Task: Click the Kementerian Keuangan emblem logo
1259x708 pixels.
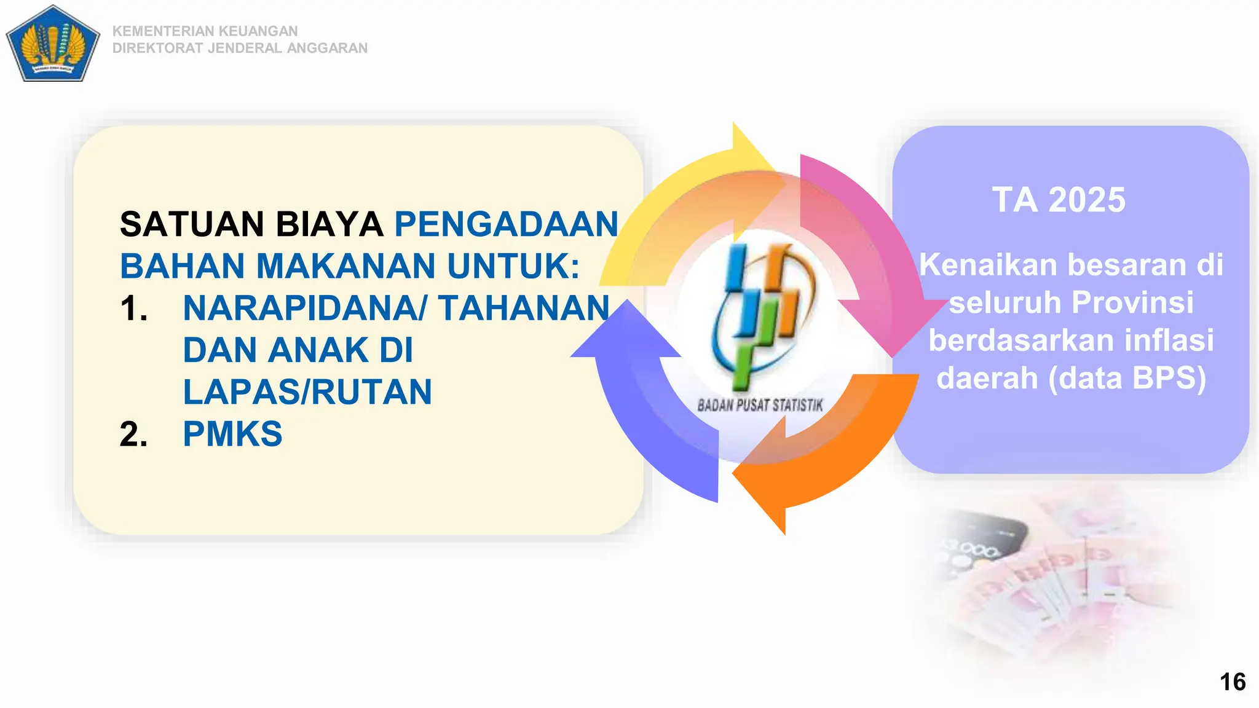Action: click(53, 44)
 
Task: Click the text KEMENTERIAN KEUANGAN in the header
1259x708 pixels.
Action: click(205, 31)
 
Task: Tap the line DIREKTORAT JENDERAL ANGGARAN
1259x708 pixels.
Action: click(240, 48)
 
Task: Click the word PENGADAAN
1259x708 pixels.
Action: click(506, 224)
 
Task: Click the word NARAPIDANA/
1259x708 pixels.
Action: click(304, 308)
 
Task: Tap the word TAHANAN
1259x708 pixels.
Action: click(524, 308)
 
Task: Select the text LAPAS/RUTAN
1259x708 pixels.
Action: click(307, 392)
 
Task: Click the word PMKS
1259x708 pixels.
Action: click(232, 434)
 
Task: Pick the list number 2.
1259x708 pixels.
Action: click(133, 434)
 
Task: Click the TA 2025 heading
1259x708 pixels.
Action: click(1059, 200)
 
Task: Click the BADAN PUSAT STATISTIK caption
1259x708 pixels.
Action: click(760, 405)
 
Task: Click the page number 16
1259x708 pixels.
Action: click(1232, 682)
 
